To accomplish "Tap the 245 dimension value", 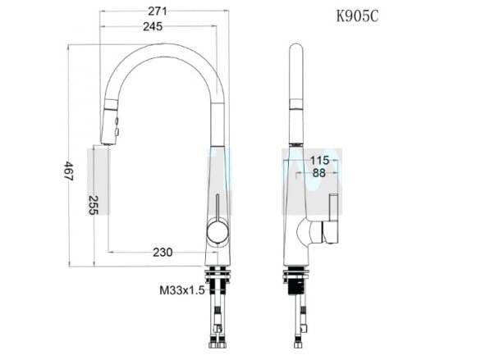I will coord(153,26).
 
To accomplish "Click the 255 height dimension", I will coord(93,204).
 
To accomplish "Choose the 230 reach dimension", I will coord(162,253).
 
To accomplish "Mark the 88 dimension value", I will coord(318,173).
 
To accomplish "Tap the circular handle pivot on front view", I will coord(218,231).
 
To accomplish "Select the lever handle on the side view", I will coord(332,221).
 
